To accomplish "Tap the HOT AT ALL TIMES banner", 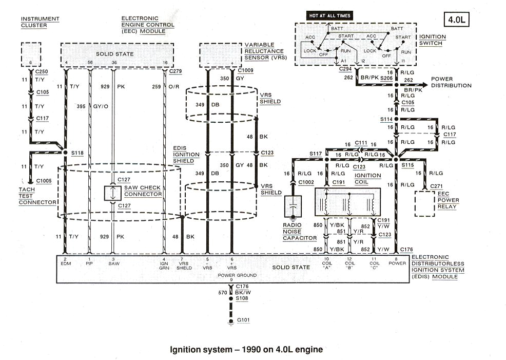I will [330, 15].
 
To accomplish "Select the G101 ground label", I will [243, 320].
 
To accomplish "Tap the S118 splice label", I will [77, 153].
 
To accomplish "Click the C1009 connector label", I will [245, 70].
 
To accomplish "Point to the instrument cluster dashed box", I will [31, 53].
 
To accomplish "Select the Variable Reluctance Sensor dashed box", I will [220, 54].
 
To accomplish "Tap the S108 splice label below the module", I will [242, 298].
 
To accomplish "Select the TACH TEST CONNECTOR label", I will [37, 195].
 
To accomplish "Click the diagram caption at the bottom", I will [246, 349].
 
